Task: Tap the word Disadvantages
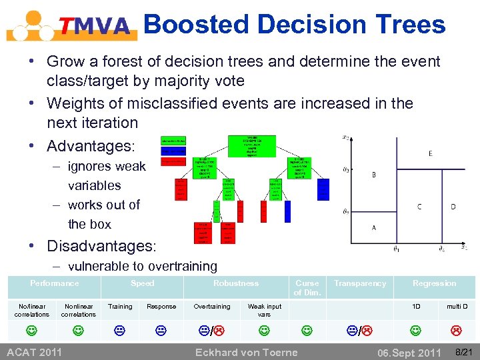tap(101, 246)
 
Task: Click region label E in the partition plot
tap(430, 153)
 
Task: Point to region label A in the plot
tap(373, 227)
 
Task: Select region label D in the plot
tap(453, 207)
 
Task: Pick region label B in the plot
tap(373, 175)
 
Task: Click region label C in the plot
tap(419, 207)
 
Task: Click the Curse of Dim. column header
tap(307, 288)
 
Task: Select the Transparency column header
tap(360, 283)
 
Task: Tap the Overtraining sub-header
tap(211, 307)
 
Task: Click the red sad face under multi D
tap(457, 329)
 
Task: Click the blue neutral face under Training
tap(120, 329)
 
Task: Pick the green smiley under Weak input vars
tap(264, 329)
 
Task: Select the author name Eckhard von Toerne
tap(246, 352)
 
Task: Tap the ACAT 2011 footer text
tap(34, 351)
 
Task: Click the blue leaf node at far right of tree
tap(323, 189)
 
